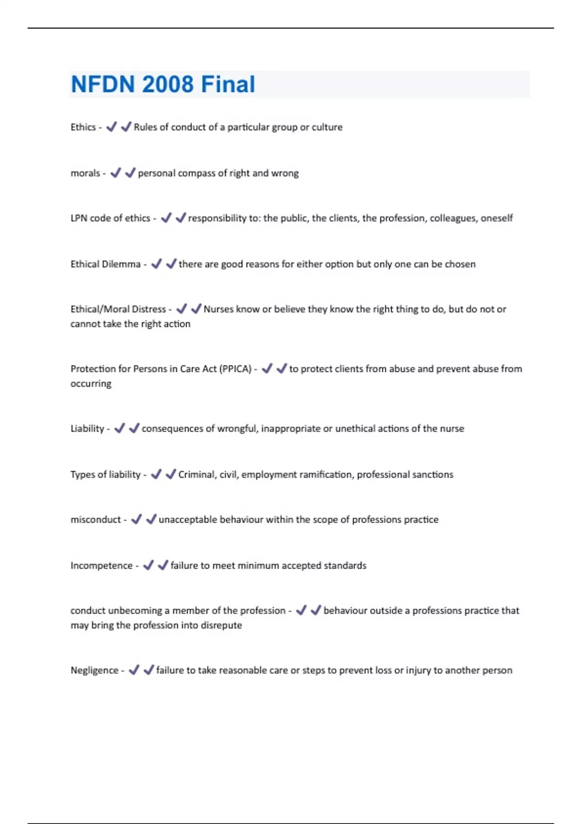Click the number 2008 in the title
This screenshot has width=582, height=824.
168,84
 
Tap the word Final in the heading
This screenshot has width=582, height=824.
228,84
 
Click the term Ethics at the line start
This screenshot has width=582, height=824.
83,127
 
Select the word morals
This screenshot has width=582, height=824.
85,173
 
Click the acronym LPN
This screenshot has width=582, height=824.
79,218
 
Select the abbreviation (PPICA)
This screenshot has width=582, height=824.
235,369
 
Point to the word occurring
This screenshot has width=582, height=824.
91,383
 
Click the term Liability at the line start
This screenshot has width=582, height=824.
87,428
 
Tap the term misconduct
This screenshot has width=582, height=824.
96,520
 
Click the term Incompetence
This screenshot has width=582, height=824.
101,566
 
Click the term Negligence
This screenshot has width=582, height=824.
94,670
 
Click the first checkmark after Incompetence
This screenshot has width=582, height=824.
148,565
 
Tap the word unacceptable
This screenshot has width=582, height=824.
188,520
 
